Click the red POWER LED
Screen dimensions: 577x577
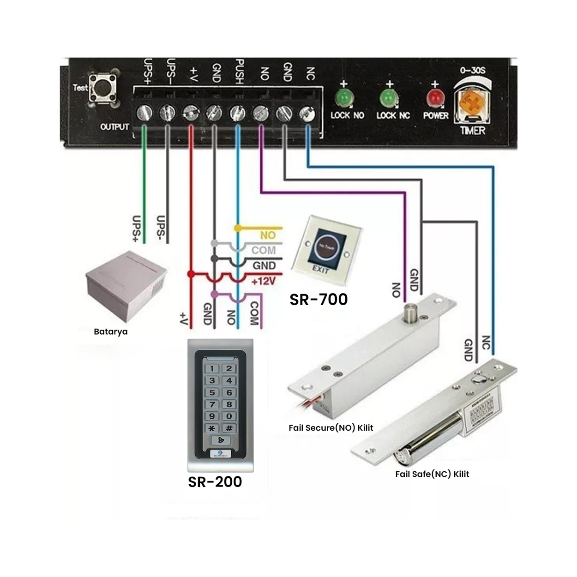[435, 98]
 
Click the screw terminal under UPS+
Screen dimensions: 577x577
[144, 112]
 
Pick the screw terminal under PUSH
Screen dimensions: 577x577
[237, 112]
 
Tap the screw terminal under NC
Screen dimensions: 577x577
[307, 113]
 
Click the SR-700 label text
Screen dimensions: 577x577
[319, 300]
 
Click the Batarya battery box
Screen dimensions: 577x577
[126, 286]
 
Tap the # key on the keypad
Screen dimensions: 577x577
[229, 428]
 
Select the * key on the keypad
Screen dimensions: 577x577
[212, 428]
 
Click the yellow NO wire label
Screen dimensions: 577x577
[268, 235]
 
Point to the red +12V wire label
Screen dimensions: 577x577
[263, 281]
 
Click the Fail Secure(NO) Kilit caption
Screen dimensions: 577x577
[331, 428]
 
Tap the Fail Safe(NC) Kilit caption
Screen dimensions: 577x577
[432, 474]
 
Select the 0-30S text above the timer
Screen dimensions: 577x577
[472, 70]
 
